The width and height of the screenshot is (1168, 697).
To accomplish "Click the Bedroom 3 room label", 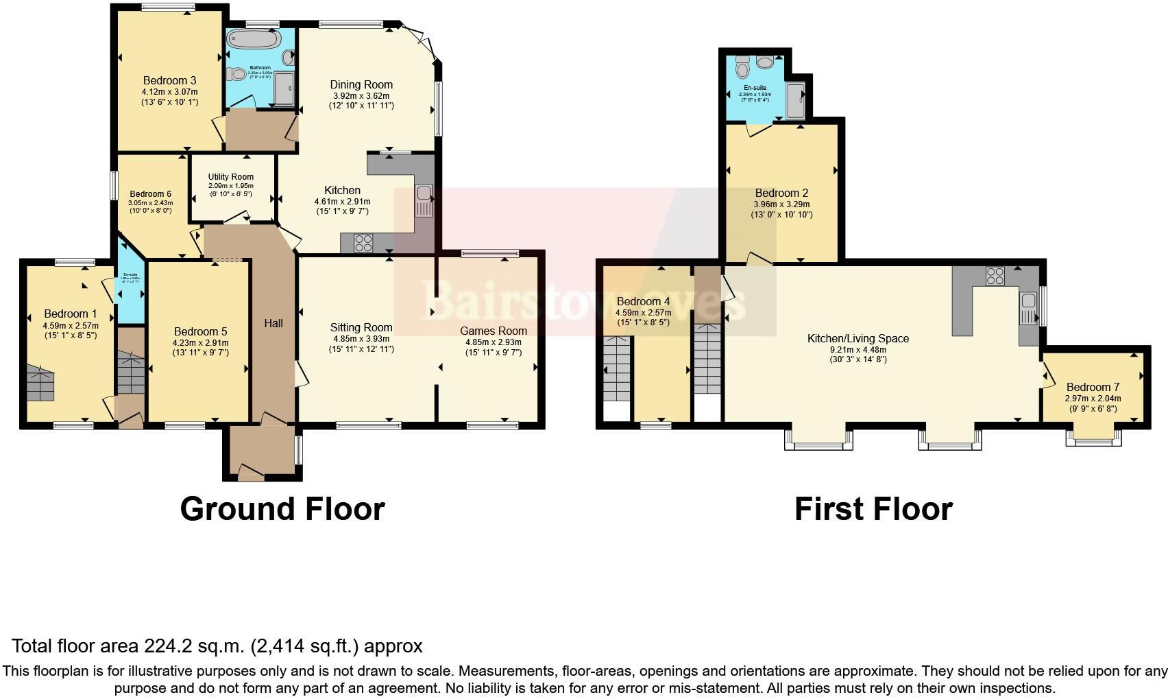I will coord(169,81).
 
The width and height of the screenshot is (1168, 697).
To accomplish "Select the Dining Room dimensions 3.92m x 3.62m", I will coord(361,96).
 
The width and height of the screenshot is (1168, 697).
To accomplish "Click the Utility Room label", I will coord(231,177).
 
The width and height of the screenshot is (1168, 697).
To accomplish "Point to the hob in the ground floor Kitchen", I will coord(363,243).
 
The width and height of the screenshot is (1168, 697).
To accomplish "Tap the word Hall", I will coord(273,323).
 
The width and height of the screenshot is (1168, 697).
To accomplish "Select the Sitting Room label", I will coord(361,328).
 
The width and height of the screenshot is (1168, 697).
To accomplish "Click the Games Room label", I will coord(494,331).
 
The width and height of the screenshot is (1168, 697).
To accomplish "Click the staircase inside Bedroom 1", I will coord(40,384).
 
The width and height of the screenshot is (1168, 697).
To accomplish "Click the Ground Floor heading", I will coord(282,509).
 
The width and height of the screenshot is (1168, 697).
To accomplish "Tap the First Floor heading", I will coord(873,509).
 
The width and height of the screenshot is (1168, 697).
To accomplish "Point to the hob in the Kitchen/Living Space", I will coord(995,276).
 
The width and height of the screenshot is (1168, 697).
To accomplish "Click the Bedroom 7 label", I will coord(1093,388).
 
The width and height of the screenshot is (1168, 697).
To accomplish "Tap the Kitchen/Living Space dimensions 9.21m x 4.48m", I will coord(857,349).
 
